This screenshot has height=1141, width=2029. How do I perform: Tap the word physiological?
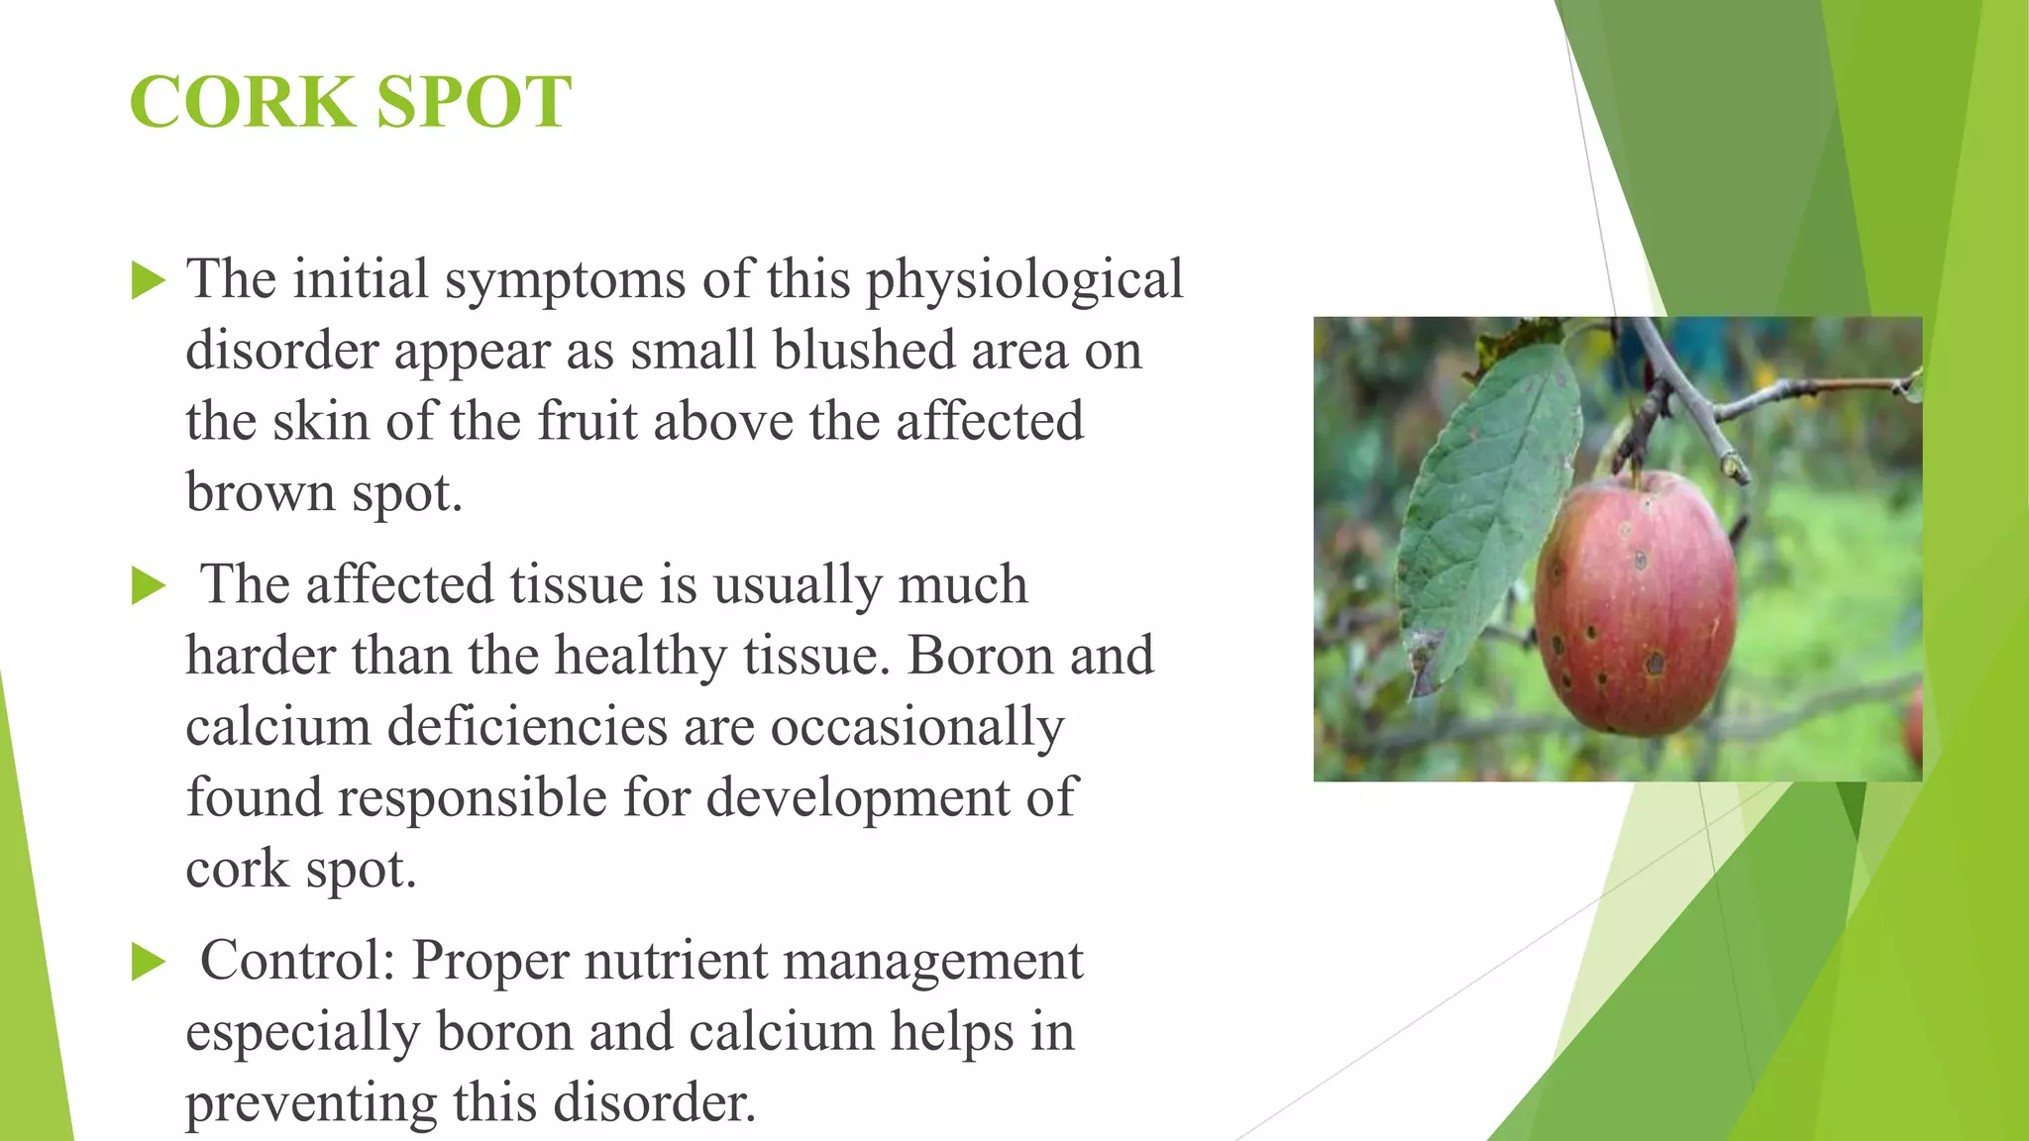coord(1024,280)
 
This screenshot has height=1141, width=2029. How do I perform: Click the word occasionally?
coord(917,729)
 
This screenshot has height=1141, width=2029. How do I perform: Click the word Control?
coord(298,960)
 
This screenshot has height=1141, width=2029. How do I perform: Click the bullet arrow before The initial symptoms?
coord(149,281)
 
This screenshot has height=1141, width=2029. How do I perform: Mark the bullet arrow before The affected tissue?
coord(149,586)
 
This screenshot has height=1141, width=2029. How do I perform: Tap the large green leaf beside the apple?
coord(1486,515)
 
